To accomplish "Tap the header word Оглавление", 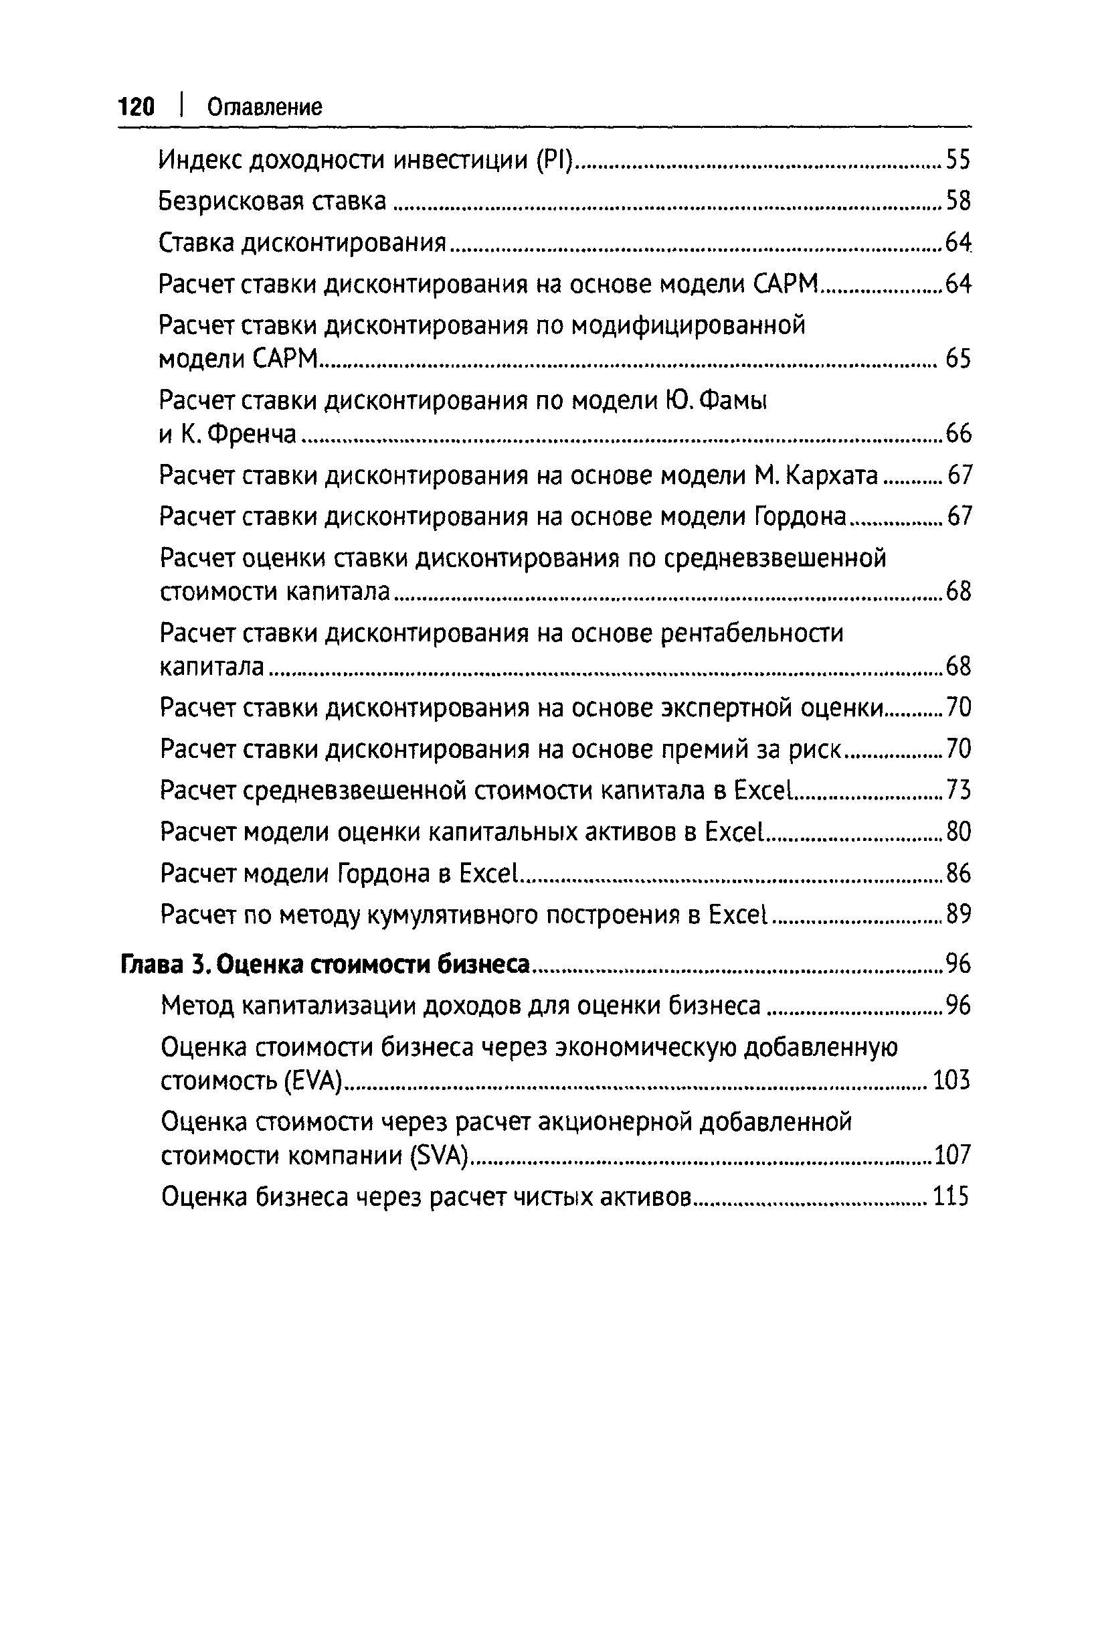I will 264,108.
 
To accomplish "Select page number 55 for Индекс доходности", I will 958,161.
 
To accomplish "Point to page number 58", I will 958,202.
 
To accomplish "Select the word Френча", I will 254,434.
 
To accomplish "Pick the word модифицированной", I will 688,325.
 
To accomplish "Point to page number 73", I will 958,791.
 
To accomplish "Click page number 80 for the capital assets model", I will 958,832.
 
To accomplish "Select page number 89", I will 958,915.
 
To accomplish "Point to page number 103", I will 951,1081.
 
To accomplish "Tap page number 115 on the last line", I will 951,1198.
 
